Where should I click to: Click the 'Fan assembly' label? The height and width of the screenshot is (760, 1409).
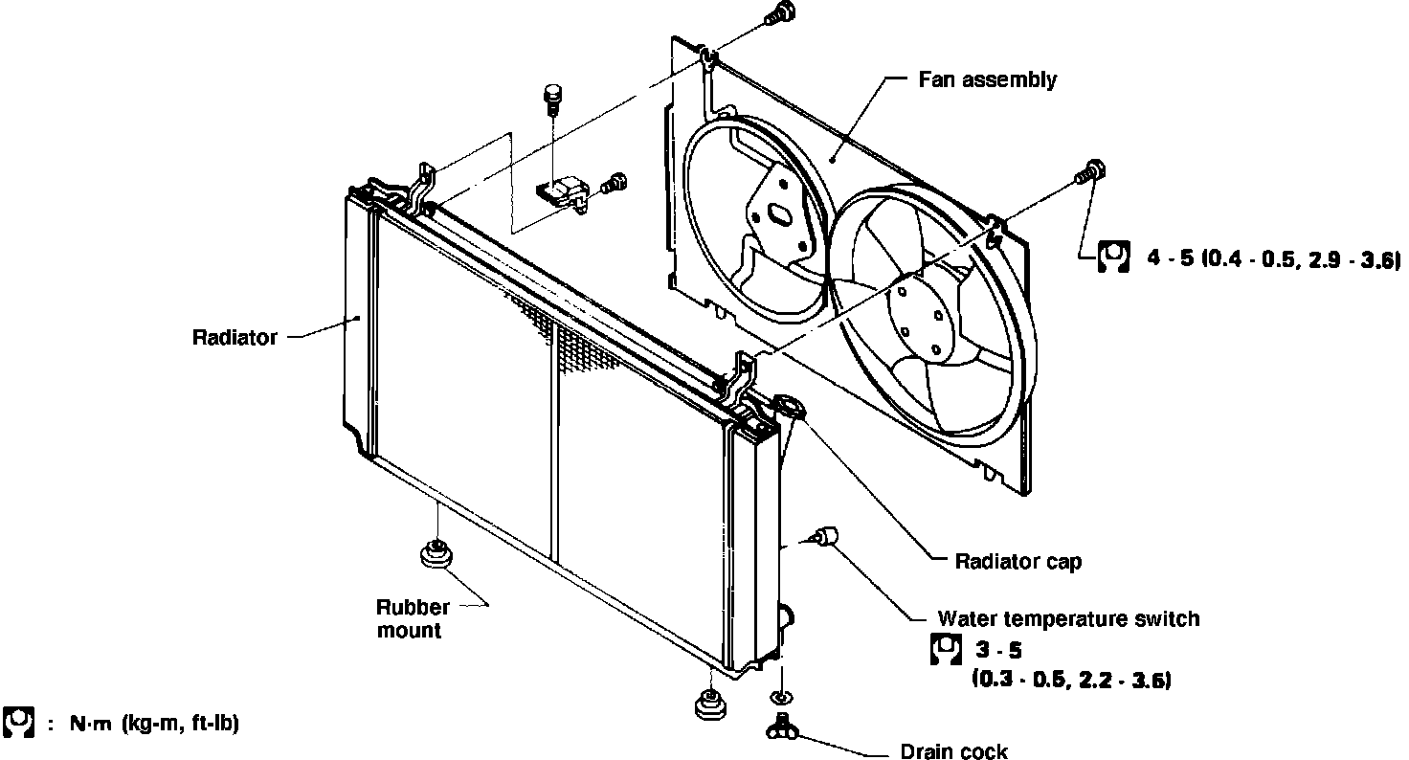(987, 79)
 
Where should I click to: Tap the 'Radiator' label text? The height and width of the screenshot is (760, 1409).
(235, 337)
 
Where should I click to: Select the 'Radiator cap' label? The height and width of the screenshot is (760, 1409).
(1018, 561)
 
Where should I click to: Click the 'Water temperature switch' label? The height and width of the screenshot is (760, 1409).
(1067, 618)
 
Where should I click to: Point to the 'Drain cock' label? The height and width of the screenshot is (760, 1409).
(953, 751)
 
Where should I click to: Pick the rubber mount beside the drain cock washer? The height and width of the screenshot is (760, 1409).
(708, 704)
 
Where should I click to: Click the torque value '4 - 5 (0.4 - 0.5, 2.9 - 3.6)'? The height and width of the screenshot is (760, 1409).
(1273, 257)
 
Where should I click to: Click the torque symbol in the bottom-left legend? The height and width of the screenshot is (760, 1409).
(18, 723)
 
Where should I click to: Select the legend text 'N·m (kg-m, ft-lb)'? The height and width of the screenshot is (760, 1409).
(153, 724)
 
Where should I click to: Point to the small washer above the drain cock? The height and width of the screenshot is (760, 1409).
(781, 696)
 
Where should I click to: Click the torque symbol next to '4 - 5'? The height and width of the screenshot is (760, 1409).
(1113, 256)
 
